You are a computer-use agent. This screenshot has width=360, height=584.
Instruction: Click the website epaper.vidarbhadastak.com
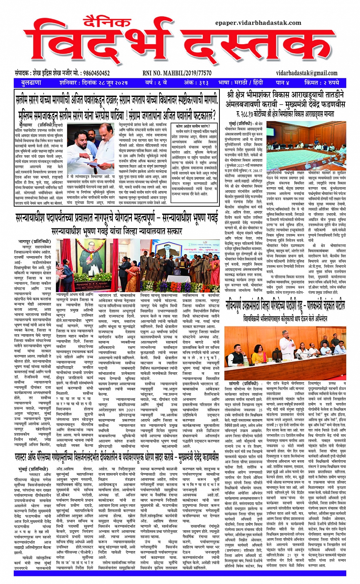point(258,23)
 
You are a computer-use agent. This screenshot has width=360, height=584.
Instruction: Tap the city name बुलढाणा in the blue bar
point(31,83)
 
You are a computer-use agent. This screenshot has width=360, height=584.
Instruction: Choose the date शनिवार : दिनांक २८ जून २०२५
point(94,83)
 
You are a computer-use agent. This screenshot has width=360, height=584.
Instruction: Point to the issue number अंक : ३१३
point(196,83)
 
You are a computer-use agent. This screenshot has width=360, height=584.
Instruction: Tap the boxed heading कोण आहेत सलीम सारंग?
point(193,126)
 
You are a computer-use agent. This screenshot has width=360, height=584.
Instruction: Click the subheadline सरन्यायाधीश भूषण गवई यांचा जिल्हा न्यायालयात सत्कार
point(117,231)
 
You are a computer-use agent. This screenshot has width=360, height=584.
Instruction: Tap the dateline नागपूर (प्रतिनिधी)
point(34,241)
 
